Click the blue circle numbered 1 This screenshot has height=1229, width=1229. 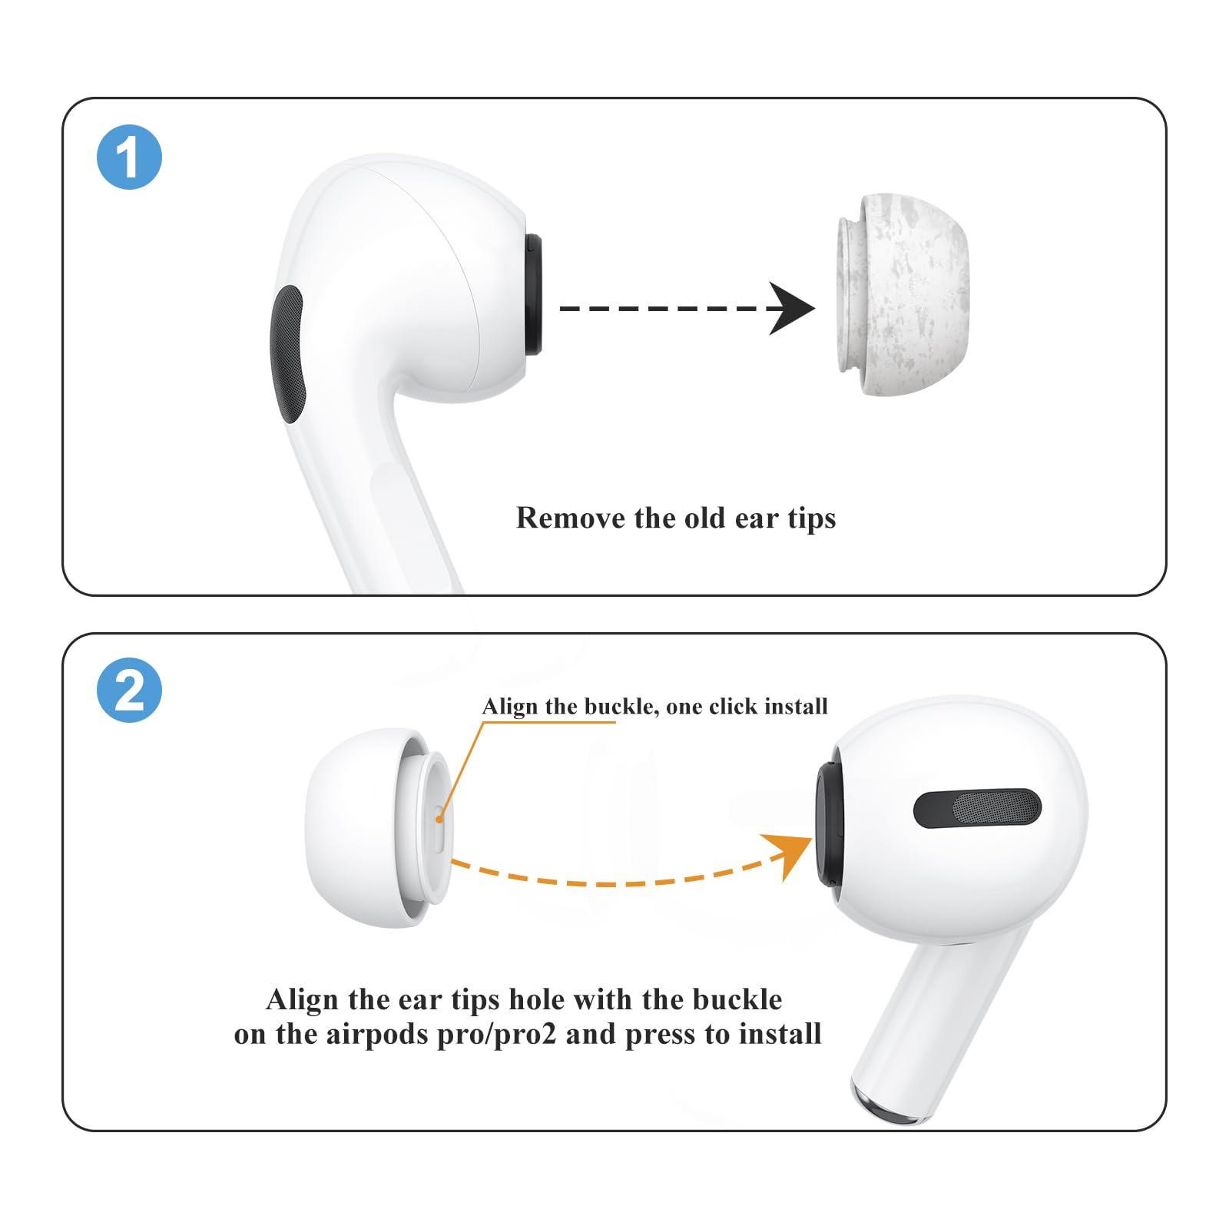click(129, 157)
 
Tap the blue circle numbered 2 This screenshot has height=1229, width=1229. click(129, 690)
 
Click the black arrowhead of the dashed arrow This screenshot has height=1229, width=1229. click(791, 309)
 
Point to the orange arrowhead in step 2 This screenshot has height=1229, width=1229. click(791, 851)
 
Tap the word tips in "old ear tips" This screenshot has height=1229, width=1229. click(811, 519)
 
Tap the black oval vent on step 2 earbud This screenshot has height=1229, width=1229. click(977, 808)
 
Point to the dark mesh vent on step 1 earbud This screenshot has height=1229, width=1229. click(287, 353)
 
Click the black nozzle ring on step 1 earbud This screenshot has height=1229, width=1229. click(532, 296)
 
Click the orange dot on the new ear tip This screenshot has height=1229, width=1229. click(439, 819)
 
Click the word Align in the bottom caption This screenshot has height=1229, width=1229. click(302, 1000)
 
